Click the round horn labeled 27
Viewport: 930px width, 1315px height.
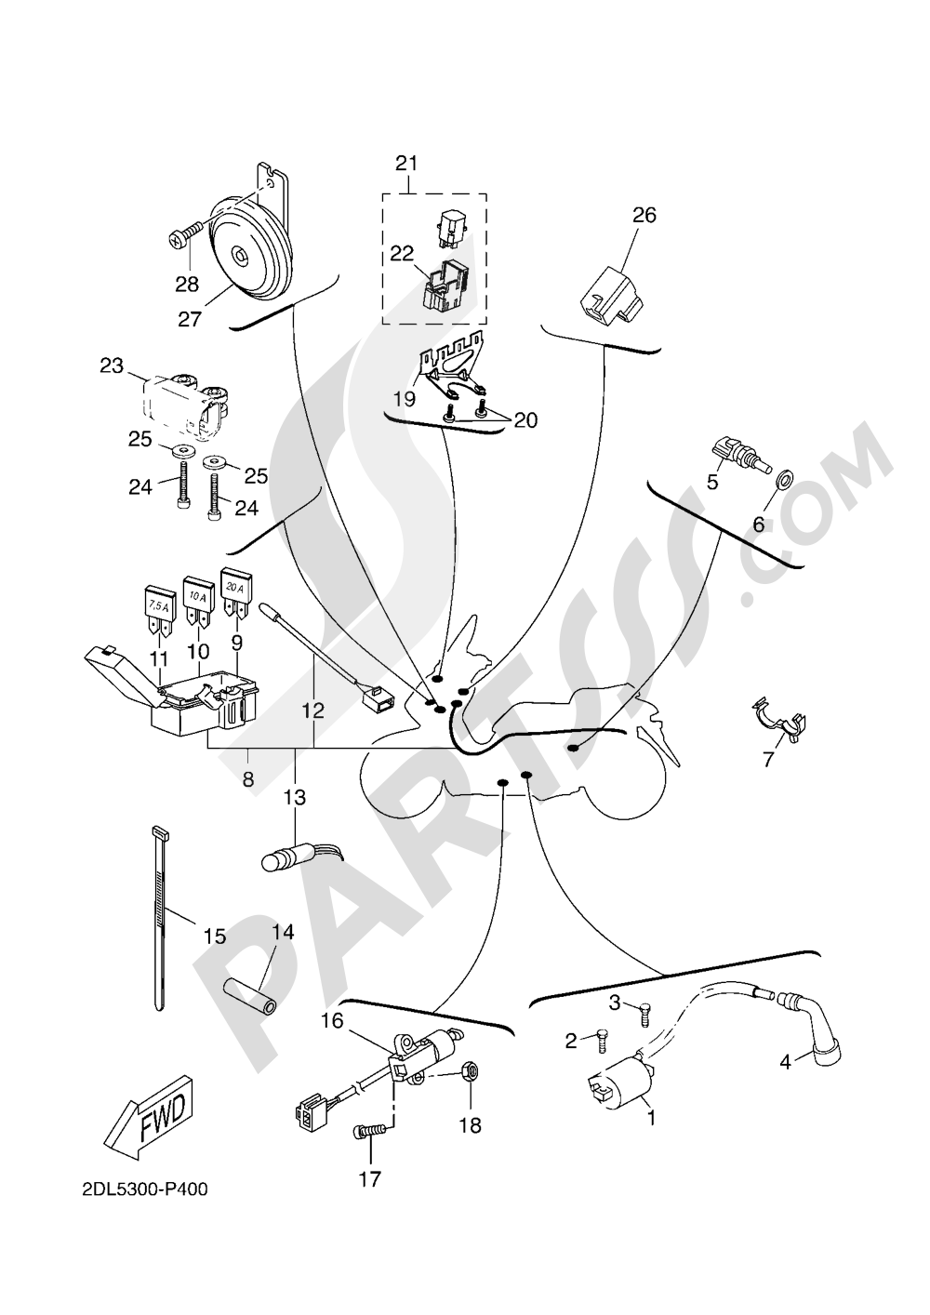click(248, 249)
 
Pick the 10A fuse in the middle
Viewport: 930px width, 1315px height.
click(198, 600)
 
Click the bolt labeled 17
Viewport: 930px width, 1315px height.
click(369, 1131)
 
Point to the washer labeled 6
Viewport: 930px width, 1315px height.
click(784, 480)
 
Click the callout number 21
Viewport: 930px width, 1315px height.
click(405, 164)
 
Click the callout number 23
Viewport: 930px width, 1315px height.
click(112, 366)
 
